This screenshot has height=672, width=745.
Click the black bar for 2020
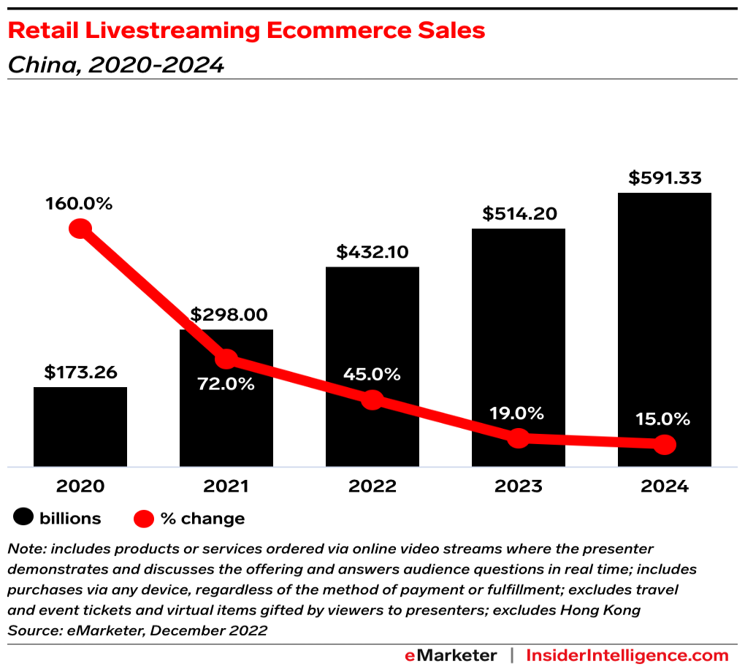tap(80, 427)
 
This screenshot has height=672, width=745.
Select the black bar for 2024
tap(665, 329)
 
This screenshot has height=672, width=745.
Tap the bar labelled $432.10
tap(372, 329)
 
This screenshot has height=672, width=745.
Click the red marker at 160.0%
tap(80, 229)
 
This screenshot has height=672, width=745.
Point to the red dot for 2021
tap(226, 359)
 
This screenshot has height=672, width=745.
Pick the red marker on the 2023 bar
tap(519, 438)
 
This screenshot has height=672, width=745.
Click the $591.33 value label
tap(665, 178)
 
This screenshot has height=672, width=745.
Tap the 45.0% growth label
tap(372, 374)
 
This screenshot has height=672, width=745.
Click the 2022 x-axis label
tap(372, 486)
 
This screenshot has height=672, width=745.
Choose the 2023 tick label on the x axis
tap(517, 486)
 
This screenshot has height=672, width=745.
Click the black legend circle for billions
tap(24, 519)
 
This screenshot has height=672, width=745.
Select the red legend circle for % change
tap(144, 519)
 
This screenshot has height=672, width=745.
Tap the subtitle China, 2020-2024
tap(115, 65)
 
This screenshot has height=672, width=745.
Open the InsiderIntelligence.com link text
tap(627, 655)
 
